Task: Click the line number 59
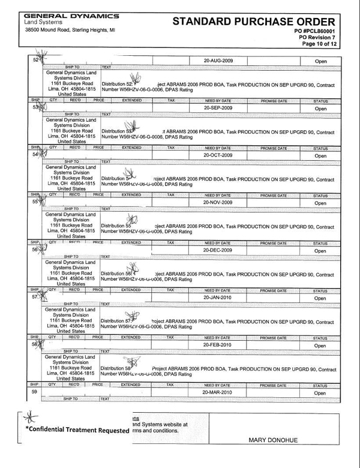(x=35, y=392)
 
